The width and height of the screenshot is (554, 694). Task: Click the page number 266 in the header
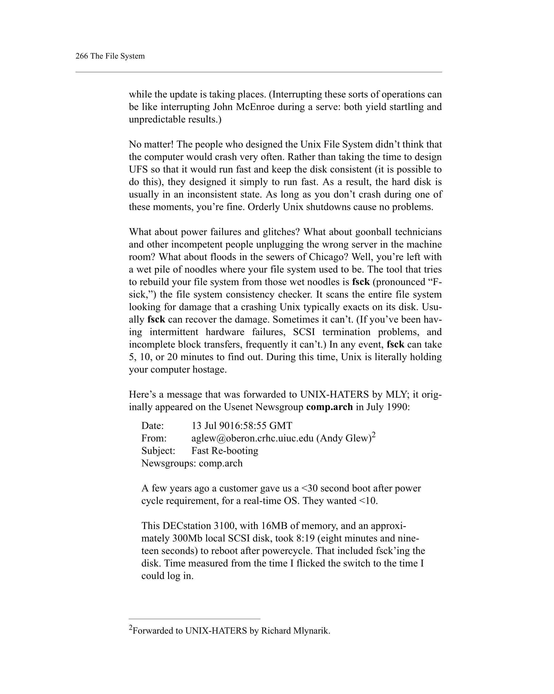point(81,56)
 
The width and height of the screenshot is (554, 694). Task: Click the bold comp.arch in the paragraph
point(329,407)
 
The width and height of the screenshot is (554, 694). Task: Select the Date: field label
point(153,426)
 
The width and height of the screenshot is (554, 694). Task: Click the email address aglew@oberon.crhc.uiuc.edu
point(252,438)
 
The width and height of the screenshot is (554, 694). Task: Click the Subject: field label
point(158,451)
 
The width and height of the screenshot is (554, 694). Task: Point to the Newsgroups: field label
point(169,463)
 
